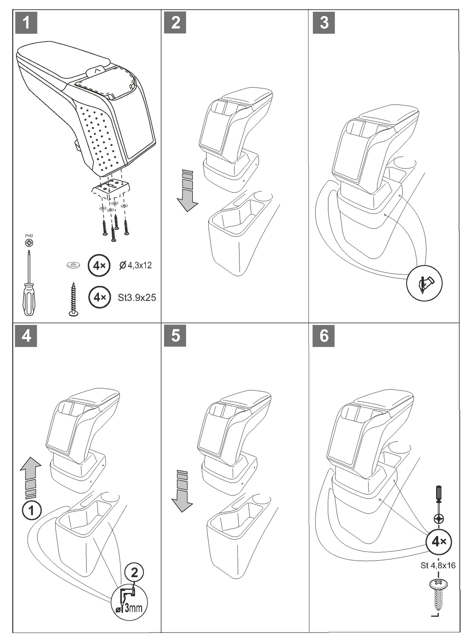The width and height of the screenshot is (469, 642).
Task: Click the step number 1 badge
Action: click(26, 23)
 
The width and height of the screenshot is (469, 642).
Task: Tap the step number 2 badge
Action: click(175, 23)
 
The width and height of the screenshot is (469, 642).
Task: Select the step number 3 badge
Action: click(324, 23)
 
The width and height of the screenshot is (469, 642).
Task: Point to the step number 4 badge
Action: click(26, 336)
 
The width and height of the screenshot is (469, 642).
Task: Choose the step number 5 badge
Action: click(175, 336)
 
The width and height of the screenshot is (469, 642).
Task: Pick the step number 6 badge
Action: click(324, 336)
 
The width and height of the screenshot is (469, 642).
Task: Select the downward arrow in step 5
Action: click(182, 492)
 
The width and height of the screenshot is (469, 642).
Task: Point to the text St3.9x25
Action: click(137, 297)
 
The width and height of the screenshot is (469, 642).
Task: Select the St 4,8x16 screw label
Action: click(438, 566)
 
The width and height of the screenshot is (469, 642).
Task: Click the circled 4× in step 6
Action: click(439, 542)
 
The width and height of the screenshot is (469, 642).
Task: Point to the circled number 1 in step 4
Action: click(31, 510)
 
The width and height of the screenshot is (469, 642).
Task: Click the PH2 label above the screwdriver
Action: click(29, 236)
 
